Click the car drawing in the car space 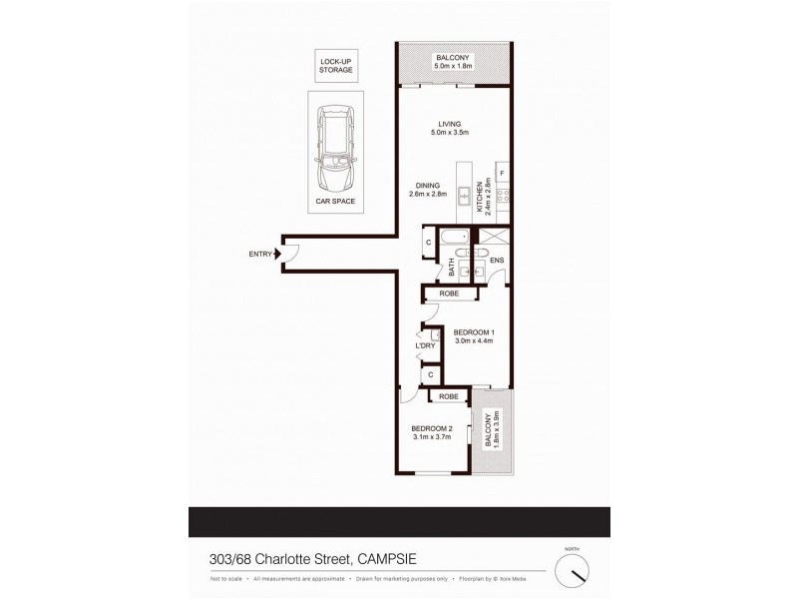coord(335,150)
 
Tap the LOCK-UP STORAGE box coord(335,66)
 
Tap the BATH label coord(451,268)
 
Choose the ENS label coord(496,261)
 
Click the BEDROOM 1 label coord(474,332)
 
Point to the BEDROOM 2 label coord(432,430)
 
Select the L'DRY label coord(423,345)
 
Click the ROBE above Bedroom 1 coord(448,295)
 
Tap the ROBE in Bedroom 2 coord(449,396)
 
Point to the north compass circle coord(572,571)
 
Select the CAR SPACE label coord(335,201)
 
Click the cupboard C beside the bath coord(428,243)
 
